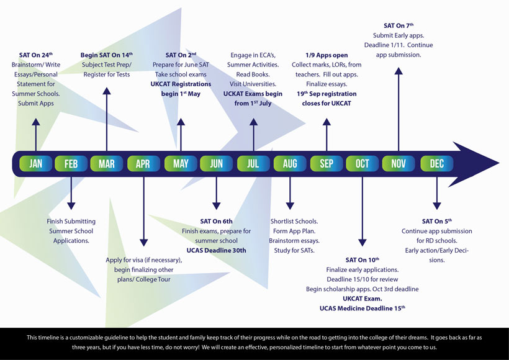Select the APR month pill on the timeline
pyautogui.click(x=143, y=163)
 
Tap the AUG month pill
pyautogui.click(x=289, y=163)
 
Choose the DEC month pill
pyautogui.click(x=436, y=163)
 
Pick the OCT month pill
pyautogui.click(x=362, y=163)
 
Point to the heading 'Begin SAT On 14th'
pyautogui.click(x=106, y=55)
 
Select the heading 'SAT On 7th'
pyautogui.click(x=398, y=26)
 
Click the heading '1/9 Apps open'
pyautogui.click(x=327, y=55)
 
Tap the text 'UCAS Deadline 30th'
pyautogui.click(x=216, y=250)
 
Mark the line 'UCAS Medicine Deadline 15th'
pyautogui.click(x=362, y=308)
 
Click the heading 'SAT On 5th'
pyautogui.click(x=436, y=222)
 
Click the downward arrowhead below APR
pyautogui.click(x=143, y=243)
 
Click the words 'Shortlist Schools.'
pyautogui.click(x=294, y=222)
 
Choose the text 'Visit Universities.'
pyautogui.click(x=253, y=84)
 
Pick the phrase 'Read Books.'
pyautogui.click(x=253, y=74)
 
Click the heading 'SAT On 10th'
pyautogui.click(x=362, y=260)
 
